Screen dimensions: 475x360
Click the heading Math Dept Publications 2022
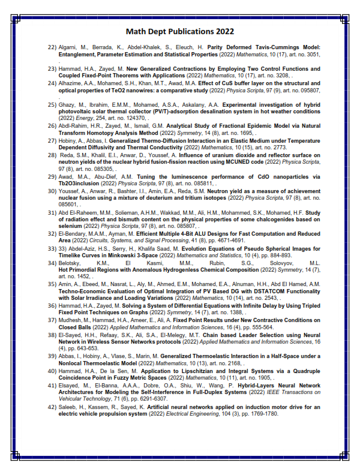180,31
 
